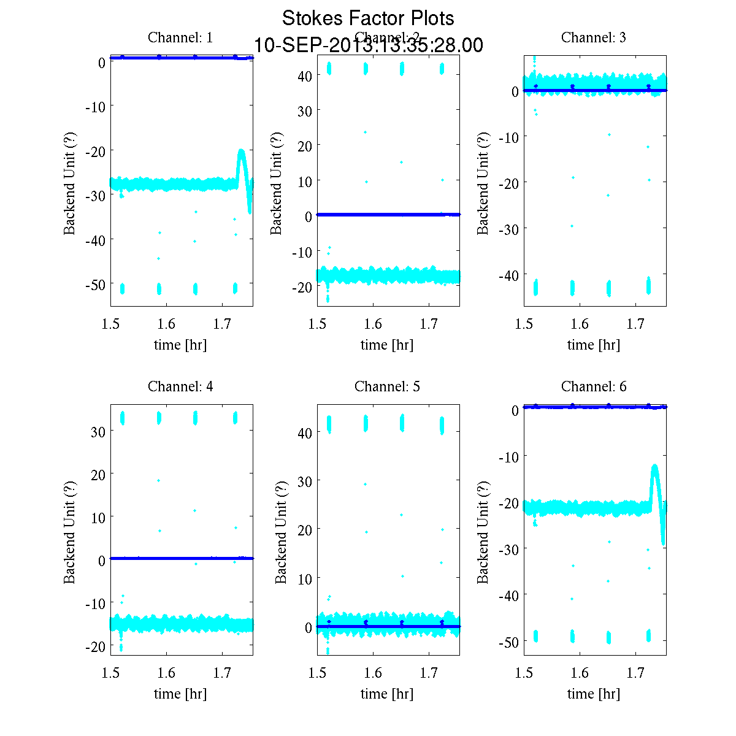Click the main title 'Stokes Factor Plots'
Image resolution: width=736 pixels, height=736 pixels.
click(x=368, y=18)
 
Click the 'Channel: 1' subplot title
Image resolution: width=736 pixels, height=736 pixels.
click(x=180, y=37)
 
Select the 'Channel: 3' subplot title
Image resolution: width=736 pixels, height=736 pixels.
click(x=594, y=37)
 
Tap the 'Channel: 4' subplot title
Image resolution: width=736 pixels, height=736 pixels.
click(x=180, y=386)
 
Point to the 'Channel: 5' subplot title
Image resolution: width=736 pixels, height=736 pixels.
click(x=387, y=386)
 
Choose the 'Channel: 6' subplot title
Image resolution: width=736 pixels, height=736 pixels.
click(x=594, y=386)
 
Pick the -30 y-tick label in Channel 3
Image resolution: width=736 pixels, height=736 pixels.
click(x=508, y=229)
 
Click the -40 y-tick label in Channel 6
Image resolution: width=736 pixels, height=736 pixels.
click(x=508, y=595)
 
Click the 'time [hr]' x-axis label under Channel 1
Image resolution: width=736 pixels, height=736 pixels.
click(x=180, y=345)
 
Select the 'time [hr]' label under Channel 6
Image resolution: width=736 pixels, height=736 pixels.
click(x=594, y=694)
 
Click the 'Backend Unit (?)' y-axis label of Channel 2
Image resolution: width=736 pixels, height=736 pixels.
click(x=277, y=183)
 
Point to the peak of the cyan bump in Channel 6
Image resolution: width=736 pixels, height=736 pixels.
click(x=654, y=466)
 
